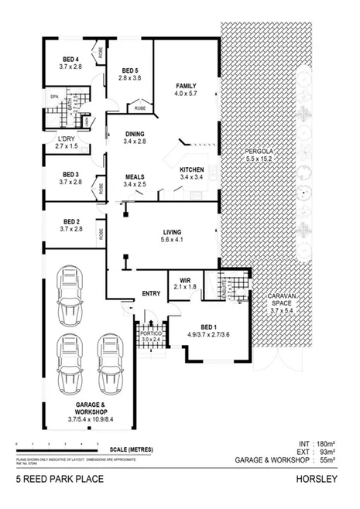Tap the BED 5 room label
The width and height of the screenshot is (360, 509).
129,70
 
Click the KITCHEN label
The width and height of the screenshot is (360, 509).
191,169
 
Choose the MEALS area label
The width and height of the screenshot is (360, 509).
135,177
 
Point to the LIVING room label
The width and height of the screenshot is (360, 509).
171,232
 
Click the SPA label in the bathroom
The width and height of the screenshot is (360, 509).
54,97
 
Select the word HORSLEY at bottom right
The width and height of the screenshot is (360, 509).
317,480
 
